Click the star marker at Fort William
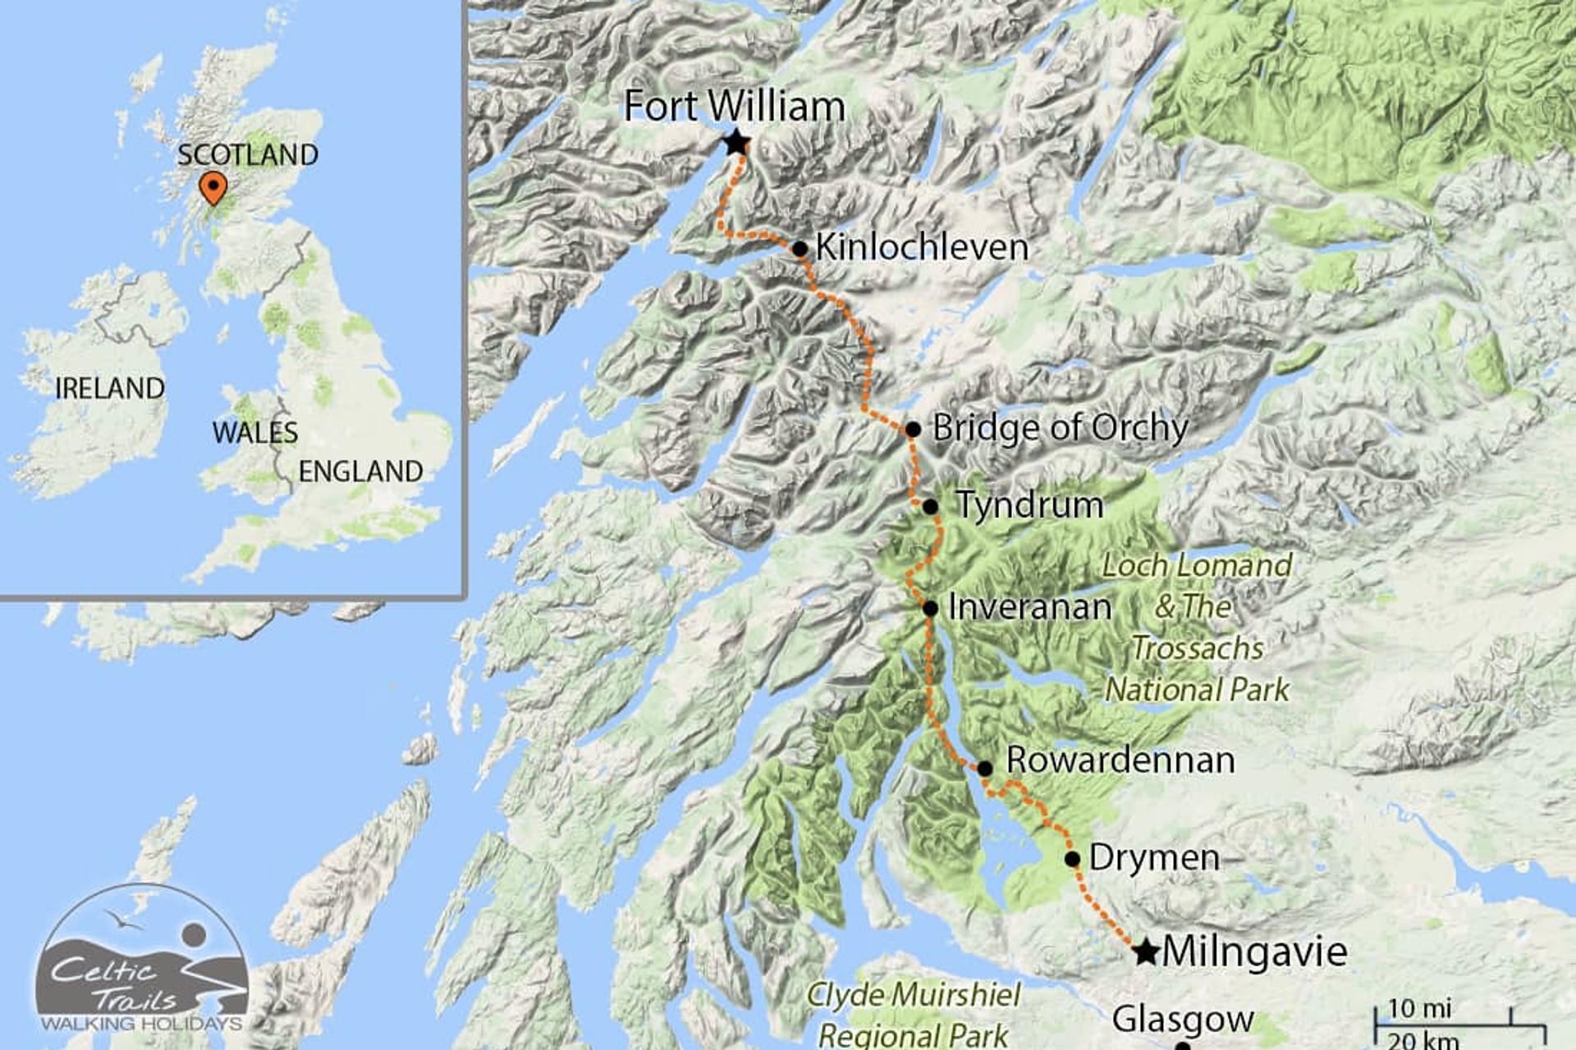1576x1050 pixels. click(x=736, y=143)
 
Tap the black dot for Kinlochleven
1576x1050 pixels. click(x=800, y=249)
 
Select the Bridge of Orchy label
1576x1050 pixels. click(x=1060, y=428)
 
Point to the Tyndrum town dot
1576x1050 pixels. click(x=930, y=506)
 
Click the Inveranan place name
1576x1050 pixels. click(x=1029, y=608)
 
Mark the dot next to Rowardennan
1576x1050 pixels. click(x=984, y=769)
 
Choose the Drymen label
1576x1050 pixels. click(x=1153, y=858)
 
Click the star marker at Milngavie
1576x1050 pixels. click(x=1146, y=952)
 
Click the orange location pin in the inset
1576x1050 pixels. click(x=213, y=187)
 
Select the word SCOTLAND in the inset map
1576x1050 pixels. click(x=248, y=155)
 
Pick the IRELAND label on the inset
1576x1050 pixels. click(x=109, y=388)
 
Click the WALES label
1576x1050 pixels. click(x=254, y=432)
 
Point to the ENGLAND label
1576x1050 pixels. click(x=360, y=471)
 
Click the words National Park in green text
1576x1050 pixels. click(x=1197, y=690)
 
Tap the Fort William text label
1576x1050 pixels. click(x=734, y=107)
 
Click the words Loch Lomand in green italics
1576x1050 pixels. click(x=1196, y=565)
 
